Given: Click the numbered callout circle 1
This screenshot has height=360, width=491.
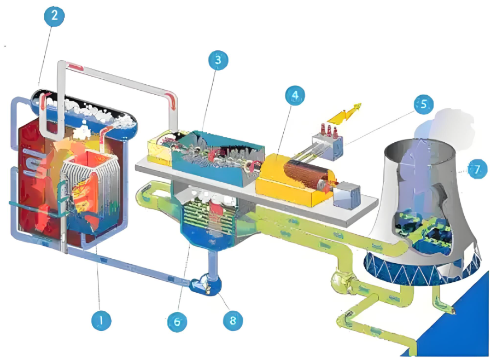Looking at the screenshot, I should (x=100, y=320).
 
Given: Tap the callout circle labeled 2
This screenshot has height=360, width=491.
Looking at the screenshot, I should (x=54, y=15).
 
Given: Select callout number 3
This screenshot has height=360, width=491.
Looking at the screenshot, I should (x=218, y=61).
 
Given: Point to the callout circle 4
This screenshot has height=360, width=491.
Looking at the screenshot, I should (x=295, y=96).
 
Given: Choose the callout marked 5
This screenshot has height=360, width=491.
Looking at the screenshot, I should (x=424, y=104).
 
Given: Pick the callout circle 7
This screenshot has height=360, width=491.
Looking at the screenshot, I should (x=477, y=170).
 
